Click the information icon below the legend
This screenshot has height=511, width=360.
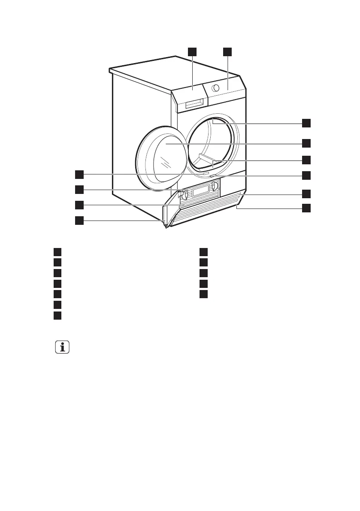coord(62,347)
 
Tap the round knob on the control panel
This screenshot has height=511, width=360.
coord(216,88)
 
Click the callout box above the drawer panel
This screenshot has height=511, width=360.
coord(192,52)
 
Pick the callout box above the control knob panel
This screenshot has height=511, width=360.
coord(227,52)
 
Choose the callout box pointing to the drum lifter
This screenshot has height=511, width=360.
coord(306,160)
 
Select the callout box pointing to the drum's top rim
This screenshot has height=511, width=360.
coord(306,123)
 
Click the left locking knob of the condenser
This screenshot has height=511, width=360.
coord(183,194)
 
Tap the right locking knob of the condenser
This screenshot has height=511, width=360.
coord(214,185)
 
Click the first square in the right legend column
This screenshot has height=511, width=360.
coord(203,251)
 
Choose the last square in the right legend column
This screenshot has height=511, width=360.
coord(203,294)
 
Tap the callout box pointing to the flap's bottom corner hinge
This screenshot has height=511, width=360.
coord(79,221)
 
